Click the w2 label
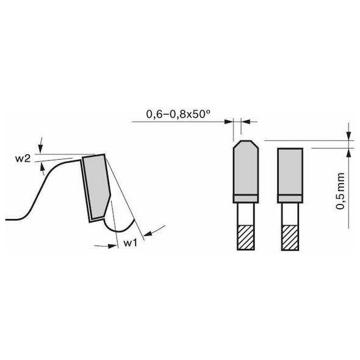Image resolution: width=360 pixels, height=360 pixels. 23,159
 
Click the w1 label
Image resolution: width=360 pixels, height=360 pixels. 131,243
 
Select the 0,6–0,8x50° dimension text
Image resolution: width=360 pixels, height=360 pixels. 178,114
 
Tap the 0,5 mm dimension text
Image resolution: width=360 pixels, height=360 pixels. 340,191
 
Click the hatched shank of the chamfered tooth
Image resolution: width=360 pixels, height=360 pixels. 246,237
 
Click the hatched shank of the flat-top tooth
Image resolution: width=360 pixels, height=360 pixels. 290,237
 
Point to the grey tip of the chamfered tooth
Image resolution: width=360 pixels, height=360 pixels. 246,168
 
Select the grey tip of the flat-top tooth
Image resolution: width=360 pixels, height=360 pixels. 290,171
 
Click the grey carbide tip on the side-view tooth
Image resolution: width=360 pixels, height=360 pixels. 96,186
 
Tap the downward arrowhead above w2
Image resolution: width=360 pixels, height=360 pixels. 40,149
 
